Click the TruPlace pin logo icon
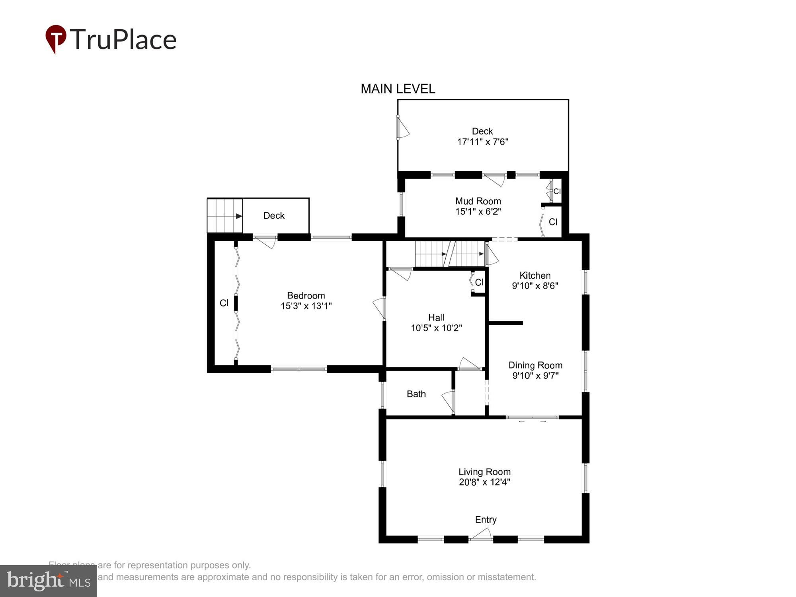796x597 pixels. pyautogui.click(x=56, y=38)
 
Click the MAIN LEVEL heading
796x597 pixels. pyautogui.click(x=398, y=89)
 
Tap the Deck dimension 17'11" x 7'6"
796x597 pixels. pyautogui.click(x=482, y=142)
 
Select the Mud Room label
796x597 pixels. pyautogui.click(x=478, y=201)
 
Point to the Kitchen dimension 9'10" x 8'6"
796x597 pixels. pyautogui.click(x=535, y=286)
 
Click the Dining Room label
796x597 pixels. pyautogui.click(x=535, y=365)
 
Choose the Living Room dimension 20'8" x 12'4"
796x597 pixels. pyautogui.click(x=484, y=482)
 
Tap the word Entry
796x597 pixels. pyautogui.click(x=486, y=519)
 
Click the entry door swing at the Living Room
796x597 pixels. pyautogui.click(x=481, y=535)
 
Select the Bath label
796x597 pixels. pyautogui.click(x=416, y=394)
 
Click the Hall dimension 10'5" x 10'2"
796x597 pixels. pyautogui.click(x=436, y=328)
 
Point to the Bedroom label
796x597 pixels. pyautogui.click(x=306, y=295)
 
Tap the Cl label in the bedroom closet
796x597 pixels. pyautogui.click(x=224, y=303)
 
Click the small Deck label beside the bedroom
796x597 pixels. pyautogui.click(x=274, y=216)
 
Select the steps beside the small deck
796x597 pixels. pyautogui.click(x=225, y=216)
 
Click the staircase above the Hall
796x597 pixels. pyautogui.click(x=450, y=254)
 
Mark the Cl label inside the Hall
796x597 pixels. pyautogui.click(x=479, y=282)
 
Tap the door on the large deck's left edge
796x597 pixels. pyautogui.click(x=402, y=127)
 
